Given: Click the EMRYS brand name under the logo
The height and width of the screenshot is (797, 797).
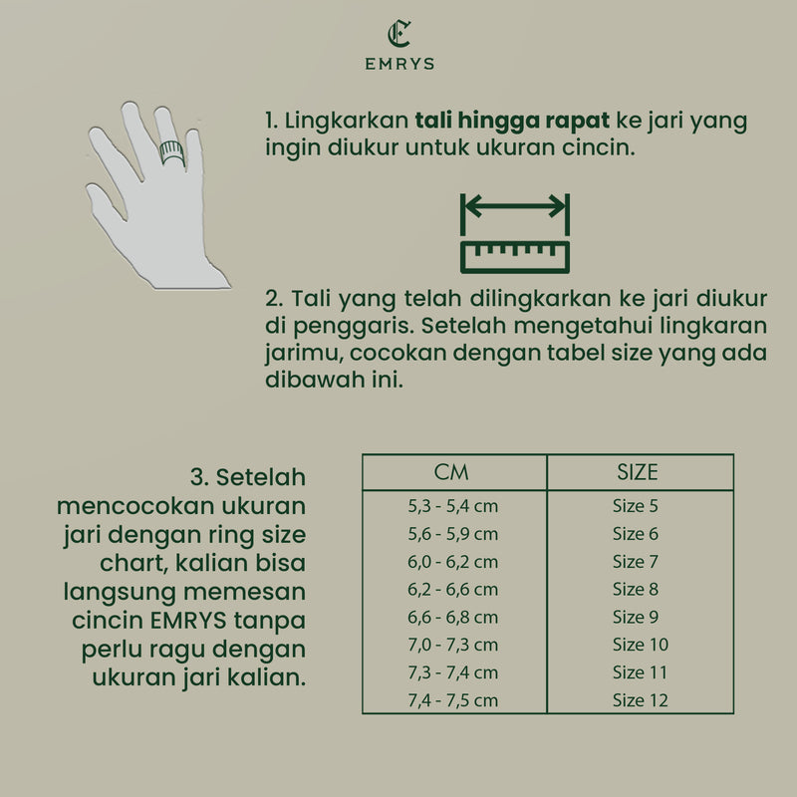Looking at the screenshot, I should coord(398,63).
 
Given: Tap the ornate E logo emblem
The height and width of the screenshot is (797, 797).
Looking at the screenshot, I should coord(398,34).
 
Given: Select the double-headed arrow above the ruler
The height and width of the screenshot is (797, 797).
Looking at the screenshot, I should coord(514,207).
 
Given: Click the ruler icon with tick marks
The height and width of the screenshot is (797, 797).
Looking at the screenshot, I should coord(514,255).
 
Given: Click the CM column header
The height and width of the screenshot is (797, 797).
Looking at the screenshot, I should coord(452,472).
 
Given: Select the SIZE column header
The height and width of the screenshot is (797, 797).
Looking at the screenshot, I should coord(638,472).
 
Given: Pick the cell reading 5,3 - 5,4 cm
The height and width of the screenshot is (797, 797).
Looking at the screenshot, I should coord(453,506).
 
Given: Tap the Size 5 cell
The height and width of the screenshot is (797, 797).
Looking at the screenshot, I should coord(636,506).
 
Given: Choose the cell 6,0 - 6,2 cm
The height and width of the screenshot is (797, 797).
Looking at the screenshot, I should coord(453,562).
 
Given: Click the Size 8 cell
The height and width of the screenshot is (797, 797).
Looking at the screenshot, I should coord(636,590).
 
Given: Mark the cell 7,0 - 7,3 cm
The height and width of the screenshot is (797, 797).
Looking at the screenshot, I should coord(453,645).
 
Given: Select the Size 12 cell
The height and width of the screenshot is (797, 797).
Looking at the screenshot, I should coord(640,700).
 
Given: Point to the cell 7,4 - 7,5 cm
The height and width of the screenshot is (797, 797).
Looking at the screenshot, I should coord(453,700).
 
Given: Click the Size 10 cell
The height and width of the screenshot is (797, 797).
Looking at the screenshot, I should coord(640,645).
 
